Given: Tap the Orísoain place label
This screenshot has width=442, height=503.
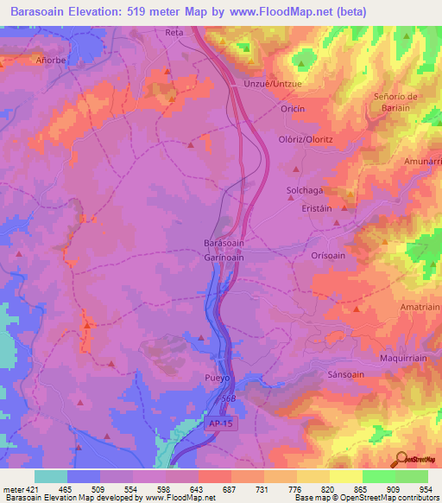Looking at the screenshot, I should coord(330,256).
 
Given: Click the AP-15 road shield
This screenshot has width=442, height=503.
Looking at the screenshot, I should coord(221,423).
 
